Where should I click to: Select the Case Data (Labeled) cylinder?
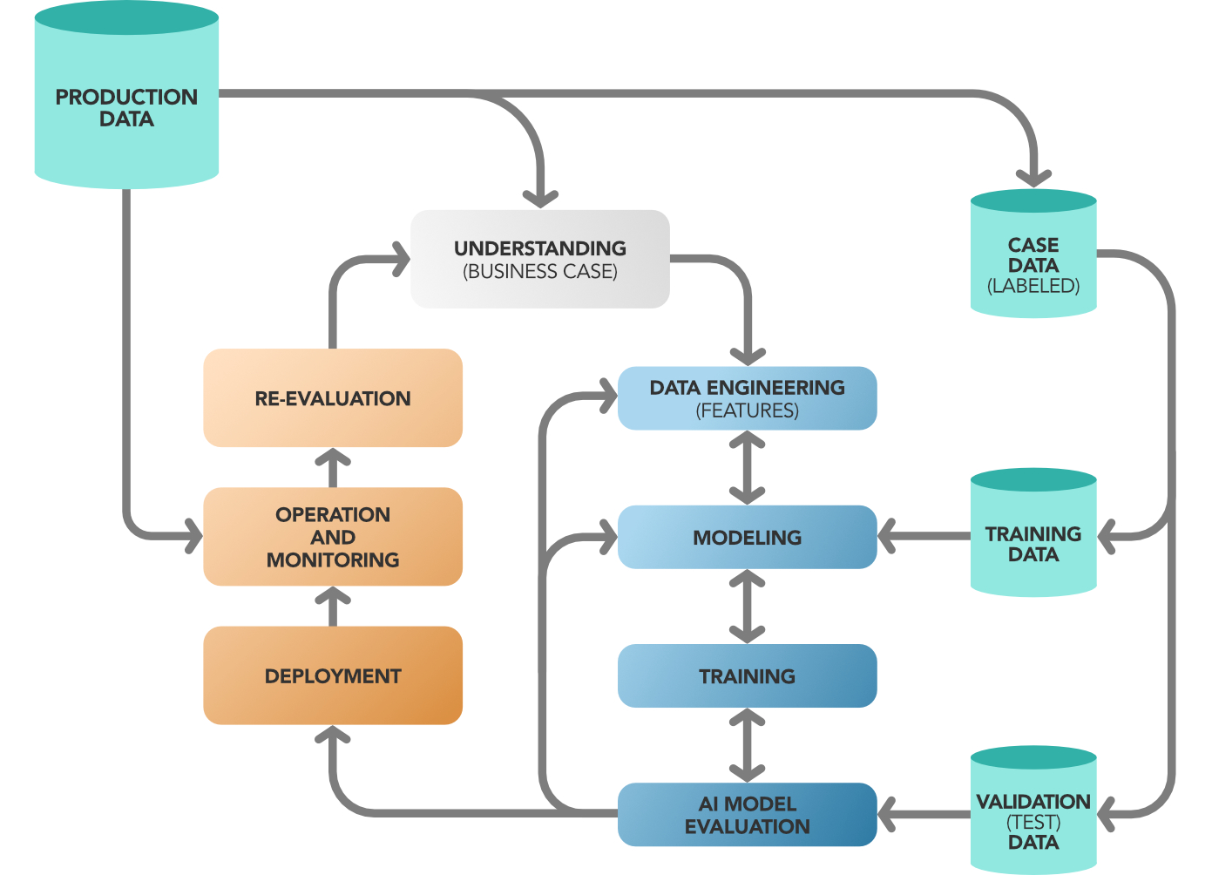tap(1033, 263)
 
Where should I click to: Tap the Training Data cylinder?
tap(1033, 543)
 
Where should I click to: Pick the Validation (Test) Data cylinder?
tap(1033, 820)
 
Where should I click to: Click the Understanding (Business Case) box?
tap(540, 259)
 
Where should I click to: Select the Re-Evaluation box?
tap(333, 398)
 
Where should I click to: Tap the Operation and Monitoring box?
tap(333, 537)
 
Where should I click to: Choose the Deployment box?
tap(333, 675)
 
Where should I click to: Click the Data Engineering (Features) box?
tap(747, 398)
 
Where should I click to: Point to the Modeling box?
tap(747, 537)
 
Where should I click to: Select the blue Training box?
tap(747, 675)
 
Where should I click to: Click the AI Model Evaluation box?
tap(747, 815)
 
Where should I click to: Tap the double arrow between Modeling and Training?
tap(747, 607)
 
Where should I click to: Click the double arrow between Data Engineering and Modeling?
tap(747, 468)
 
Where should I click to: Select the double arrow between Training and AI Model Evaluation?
tap(747, 745)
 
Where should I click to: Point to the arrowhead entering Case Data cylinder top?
tap(1033, 176)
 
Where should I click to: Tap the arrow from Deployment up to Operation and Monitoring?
tap(333, 605)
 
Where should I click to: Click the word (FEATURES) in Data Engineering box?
tap(747, 410)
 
